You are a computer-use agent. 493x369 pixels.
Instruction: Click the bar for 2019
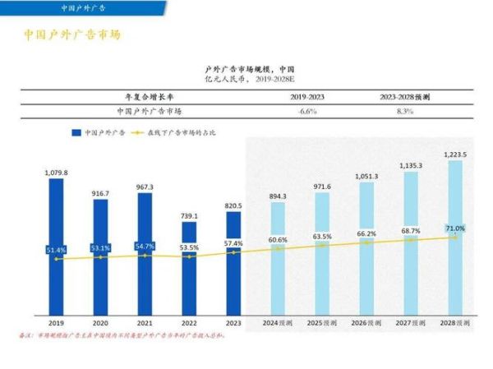point(56,247)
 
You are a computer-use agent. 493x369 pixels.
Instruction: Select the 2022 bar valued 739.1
point(189,268)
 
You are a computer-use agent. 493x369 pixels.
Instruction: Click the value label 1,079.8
point(56,173)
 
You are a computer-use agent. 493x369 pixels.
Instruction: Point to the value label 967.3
point(145,187)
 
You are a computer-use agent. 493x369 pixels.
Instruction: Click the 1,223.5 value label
point(456,154)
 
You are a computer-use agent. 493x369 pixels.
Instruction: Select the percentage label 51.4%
point(56,249)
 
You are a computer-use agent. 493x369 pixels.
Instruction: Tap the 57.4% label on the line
point(233,244)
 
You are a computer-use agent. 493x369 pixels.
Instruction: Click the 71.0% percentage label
point(456,228)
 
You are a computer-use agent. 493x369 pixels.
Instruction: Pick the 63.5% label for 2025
point(322,237)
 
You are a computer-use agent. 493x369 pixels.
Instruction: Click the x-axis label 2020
point(100,324)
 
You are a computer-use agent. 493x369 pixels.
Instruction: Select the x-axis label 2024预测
point(278,324)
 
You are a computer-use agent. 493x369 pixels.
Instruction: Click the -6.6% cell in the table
point(307,110)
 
